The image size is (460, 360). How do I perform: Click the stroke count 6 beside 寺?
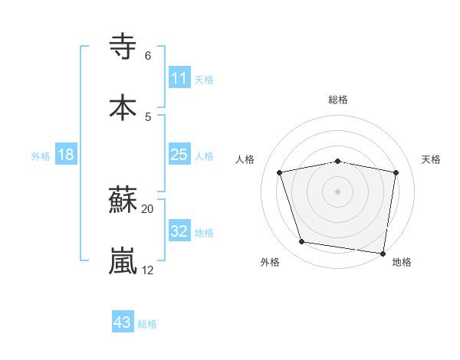point(148,56)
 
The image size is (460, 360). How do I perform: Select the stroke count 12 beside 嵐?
point(148,270)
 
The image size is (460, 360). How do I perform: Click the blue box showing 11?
point(179,78)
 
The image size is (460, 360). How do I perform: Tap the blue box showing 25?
point(179,155)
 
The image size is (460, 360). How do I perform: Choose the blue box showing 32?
point(179,232)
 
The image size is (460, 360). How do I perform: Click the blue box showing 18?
point(66,155)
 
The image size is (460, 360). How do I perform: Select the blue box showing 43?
point(122,323)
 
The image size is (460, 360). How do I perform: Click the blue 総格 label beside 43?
point(148,324)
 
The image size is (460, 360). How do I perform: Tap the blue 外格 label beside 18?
point(41,156)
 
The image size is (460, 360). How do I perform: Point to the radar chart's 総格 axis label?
point(338,100)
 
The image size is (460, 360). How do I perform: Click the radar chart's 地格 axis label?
point(402,262)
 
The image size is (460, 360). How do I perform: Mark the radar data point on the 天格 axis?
point(396,172)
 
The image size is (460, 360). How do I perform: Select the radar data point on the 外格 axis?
point(302,242)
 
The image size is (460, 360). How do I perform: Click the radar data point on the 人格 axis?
point(280,172)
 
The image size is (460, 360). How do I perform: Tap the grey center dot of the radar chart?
point(338,191)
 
